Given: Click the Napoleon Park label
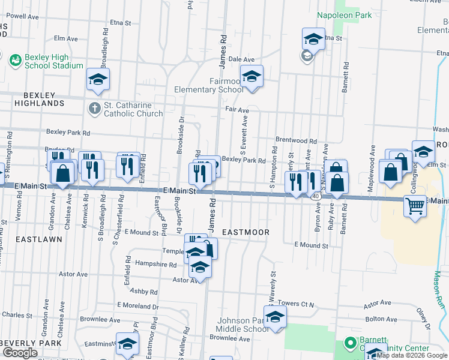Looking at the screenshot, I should coord(345,15).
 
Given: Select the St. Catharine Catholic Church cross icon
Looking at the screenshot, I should coord(94,109).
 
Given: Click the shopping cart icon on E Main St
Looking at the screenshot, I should coord(415,206).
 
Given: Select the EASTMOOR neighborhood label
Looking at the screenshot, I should coord(245,232).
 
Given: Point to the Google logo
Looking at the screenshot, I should coord(20,353).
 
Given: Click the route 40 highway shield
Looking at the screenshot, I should coord(315,196).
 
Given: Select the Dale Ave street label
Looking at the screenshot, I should coord(242,59).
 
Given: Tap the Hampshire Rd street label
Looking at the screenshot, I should coord(155,264).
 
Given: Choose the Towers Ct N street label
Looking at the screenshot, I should coord(297,304).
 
